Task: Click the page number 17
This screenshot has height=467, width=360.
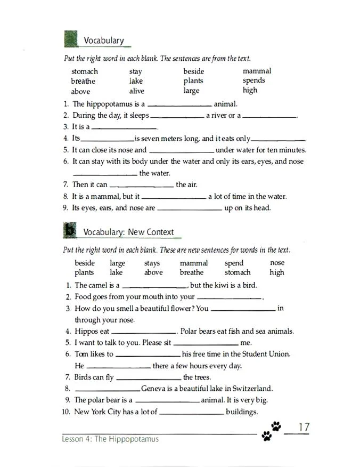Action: (304, 427)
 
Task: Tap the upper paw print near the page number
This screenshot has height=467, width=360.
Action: (276, 426)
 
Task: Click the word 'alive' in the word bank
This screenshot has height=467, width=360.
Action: (136, 91)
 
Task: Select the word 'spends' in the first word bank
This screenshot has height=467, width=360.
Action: (253, 80)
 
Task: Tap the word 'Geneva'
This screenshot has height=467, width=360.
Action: (153, 388)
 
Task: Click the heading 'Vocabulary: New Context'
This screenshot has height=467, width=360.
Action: (128, 232)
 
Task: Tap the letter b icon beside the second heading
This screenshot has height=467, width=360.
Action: (70, 230)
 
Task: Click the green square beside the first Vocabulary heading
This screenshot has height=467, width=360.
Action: (70, 39)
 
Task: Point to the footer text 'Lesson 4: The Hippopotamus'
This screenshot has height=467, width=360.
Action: (110, 439)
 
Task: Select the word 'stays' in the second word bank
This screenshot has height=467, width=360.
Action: (152, 263)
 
